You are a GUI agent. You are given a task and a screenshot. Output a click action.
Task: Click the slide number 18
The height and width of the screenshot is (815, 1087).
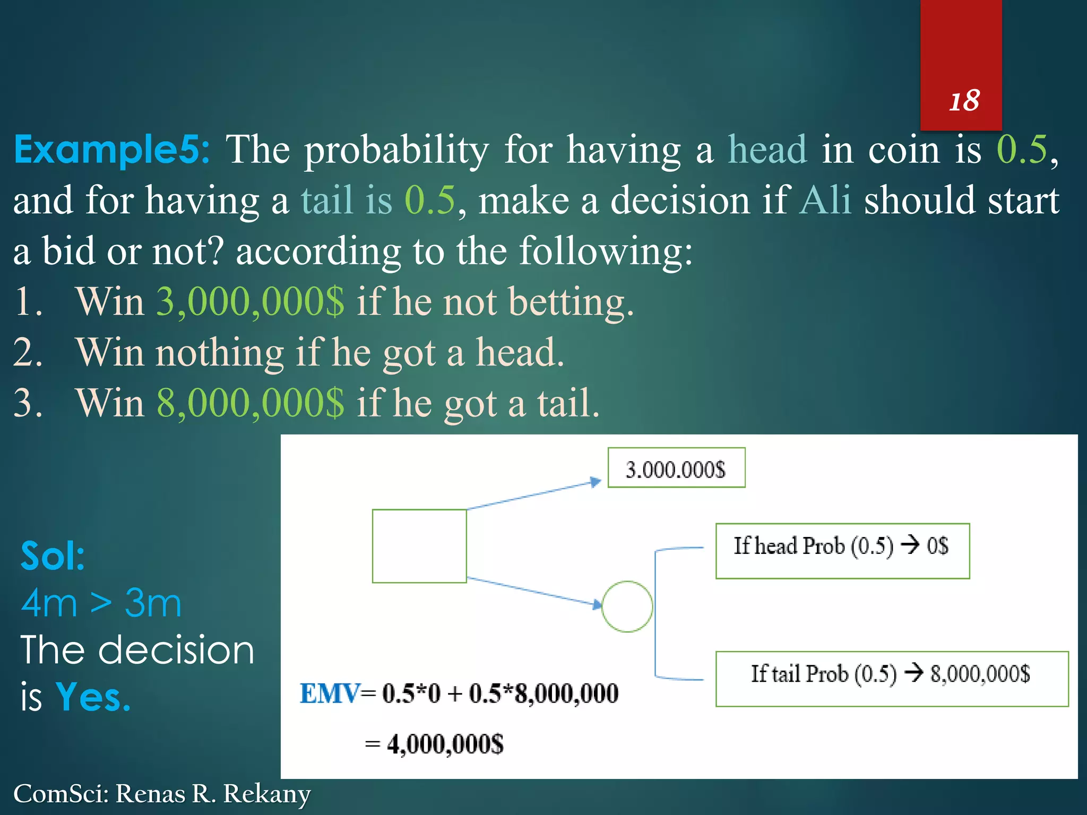[964, 101]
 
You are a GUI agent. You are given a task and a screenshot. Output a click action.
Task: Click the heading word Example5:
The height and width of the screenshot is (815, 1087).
[112, 150]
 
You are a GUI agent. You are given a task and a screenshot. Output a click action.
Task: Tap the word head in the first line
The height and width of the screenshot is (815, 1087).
[767, 150]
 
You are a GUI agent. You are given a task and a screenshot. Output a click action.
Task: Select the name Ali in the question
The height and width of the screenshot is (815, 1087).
[825, 201]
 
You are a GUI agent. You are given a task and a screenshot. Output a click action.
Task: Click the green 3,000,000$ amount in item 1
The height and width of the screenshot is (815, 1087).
[250, 302]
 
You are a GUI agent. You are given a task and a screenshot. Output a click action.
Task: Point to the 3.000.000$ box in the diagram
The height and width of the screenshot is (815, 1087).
[676, 468]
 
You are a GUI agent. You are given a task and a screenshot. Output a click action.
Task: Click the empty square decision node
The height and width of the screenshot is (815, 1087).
[419, 546]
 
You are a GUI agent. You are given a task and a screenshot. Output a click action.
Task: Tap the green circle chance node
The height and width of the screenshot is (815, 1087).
[627, 606]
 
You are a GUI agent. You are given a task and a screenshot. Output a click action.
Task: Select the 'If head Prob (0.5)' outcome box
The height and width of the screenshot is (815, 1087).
[842, 551]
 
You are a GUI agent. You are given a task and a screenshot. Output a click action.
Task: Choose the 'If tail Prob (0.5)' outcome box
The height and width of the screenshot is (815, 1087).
[891, 679]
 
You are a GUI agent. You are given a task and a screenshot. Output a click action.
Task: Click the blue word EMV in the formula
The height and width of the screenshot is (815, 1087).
[329, 693]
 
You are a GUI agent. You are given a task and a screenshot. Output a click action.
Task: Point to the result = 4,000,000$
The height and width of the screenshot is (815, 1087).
[435, 744]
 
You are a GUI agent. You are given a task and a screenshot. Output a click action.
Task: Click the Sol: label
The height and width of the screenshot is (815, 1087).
[53, 556]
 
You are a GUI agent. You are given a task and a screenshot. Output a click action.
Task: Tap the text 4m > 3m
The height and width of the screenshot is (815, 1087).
[101, 603]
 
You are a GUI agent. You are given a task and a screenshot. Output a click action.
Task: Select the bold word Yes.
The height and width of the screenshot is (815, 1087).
[93, 697]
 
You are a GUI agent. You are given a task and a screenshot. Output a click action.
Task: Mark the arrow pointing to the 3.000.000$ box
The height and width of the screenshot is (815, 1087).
[533, 495]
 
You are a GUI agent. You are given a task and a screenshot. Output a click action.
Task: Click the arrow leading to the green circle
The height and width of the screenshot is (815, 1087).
[533, 591]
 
